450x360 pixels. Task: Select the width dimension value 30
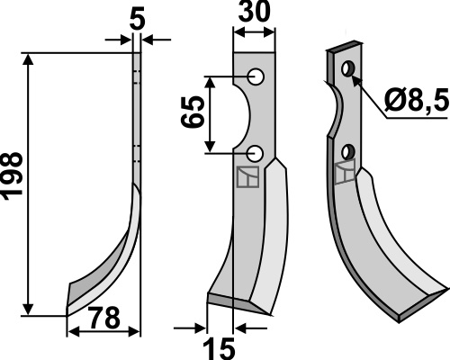click(255, 12)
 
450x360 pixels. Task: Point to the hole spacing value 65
click(193, 112)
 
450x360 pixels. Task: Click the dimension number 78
click(105, 318)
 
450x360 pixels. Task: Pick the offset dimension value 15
click(219, 349)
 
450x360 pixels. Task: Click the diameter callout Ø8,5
click(417, 101)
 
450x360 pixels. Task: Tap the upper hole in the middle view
click(256, 76)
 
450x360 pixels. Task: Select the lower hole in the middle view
click(255, 153)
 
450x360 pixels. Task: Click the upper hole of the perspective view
click(348, 68)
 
